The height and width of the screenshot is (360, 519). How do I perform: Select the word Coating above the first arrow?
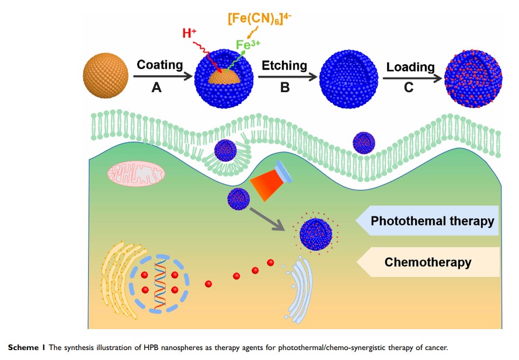159,64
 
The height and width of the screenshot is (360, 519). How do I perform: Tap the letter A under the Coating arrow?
156,88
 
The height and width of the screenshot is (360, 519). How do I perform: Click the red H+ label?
189,33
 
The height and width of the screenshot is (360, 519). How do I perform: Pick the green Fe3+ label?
249,44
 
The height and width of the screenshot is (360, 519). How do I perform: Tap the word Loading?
410,67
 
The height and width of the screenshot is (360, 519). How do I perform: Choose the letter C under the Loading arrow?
409,88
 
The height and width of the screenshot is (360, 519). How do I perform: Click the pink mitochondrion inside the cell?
136,173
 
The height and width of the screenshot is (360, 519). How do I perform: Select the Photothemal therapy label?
432,222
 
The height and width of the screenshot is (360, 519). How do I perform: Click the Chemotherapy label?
427,262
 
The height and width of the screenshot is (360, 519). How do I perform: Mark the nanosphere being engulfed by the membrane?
225,150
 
